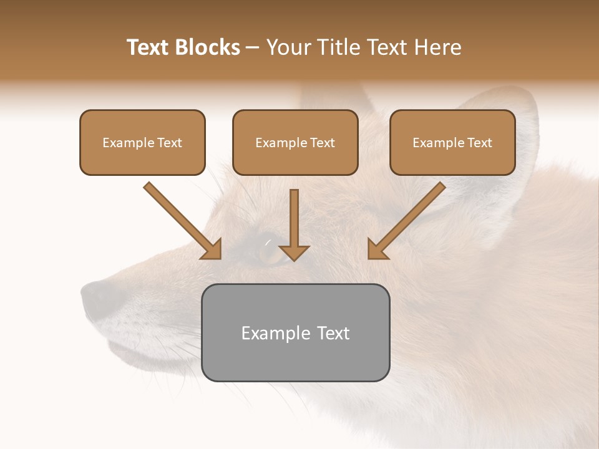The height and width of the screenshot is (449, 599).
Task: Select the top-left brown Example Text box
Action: pyautogui.click(x=142, y=142)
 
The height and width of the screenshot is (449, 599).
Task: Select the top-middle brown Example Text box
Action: pyautogui.click(x=295, y=142)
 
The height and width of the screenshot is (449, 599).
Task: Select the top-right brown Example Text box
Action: pyautogui.click(x=452, y=142)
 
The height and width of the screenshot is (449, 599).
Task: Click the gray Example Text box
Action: pyautogui.click(x=295, y=332)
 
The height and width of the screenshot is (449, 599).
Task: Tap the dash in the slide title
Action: pyautogui.click(x=253, y=47)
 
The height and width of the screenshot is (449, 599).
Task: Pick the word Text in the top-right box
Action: pyautogui.click(x=479, y=142)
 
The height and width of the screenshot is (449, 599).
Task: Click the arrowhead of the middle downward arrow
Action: pyautogui.click(x=294, y=253)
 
